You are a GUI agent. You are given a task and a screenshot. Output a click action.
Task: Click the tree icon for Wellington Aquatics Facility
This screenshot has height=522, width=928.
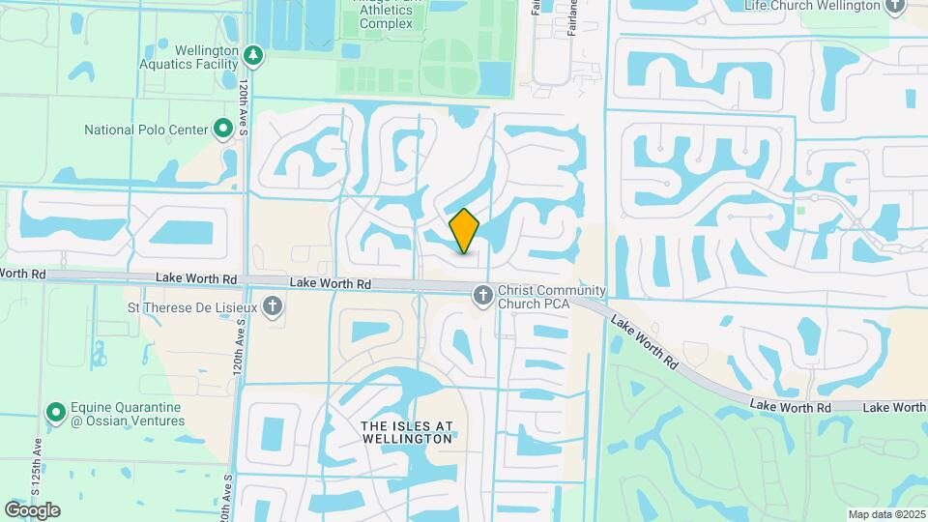tap(253, 55)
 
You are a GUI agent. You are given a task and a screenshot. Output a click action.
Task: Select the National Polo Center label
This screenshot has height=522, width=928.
tap(146, 129)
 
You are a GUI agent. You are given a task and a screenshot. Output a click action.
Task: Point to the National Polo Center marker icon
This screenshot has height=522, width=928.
tap(223, 128)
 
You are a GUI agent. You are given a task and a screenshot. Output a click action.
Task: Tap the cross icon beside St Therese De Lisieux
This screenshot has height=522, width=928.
tap(274, 307)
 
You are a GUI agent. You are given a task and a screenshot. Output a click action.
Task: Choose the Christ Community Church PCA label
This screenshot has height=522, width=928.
tap(551, 298)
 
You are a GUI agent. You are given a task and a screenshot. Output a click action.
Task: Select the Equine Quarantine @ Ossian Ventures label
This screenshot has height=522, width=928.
tap(128, 414)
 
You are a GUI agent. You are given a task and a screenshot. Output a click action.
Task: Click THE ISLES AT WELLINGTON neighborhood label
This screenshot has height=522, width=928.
tap(393, 431)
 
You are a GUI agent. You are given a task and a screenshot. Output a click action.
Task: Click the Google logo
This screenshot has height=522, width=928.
tap(32, 510)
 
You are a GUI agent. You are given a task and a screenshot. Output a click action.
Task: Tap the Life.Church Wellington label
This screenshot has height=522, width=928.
tap(813, 5)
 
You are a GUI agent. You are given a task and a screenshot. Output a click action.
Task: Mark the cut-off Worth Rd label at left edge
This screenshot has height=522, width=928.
tap(23, 275)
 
